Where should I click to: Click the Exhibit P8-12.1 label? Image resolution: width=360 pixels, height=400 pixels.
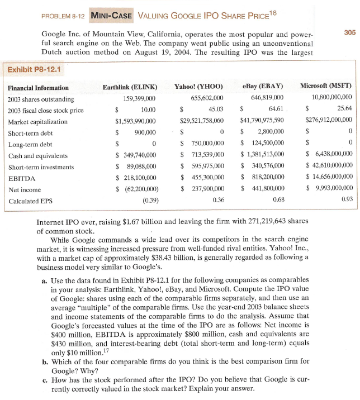tap(35, 70)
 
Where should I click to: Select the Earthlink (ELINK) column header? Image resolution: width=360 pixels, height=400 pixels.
tap(130, 87)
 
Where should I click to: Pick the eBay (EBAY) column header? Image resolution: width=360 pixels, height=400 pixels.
tap(263, 87)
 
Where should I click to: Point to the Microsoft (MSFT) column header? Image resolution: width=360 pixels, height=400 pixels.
tap(326, 87)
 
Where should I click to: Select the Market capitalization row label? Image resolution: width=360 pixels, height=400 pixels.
tap(37, 121)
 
